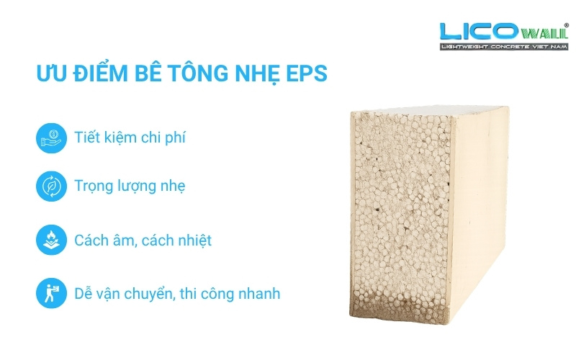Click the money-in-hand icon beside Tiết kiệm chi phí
tap(50, 137)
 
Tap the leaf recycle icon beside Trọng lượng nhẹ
tap(50, 186)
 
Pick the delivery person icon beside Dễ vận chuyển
tap(50, 293)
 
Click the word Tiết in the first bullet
tap(88, 137)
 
